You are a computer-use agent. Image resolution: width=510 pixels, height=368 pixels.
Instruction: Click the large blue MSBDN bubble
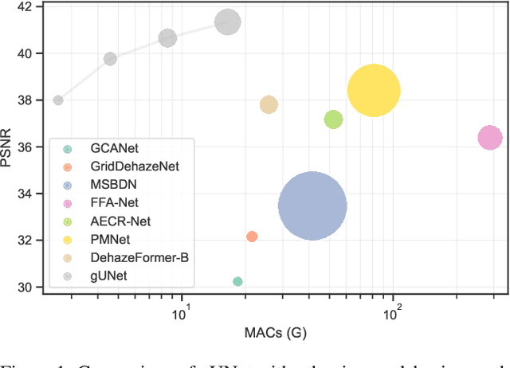pyautogui.click(x=312, y=206)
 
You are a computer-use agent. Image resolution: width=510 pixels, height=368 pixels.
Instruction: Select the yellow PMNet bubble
pyautogui.click(x=373, y=91)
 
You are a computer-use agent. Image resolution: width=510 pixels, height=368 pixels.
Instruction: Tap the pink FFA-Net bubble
pyautogui.click(x=489, y=138)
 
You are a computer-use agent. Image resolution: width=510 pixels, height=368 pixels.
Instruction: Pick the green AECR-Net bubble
pyautogui.click(x=333, y=119)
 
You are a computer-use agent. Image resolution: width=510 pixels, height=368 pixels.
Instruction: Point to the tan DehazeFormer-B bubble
pyautogui.click(x=269, y=104)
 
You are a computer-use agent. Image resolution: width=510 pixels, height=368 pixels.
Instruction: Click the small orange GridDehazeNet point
pyautogui.click(x=252, y=237)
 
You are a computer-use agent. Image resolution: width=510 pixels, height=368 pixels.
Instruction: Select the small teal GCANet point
pyautogui.click(x=237, y=281)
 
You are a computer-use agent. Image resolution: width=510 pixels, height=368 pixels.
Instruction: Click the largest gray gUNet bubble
pyautogui.click(x=228, y=22)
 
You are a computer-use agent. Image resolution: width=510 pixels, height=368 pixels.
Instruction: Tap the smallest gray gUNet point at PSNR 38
pyautogui.click(x=58, y=100)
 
